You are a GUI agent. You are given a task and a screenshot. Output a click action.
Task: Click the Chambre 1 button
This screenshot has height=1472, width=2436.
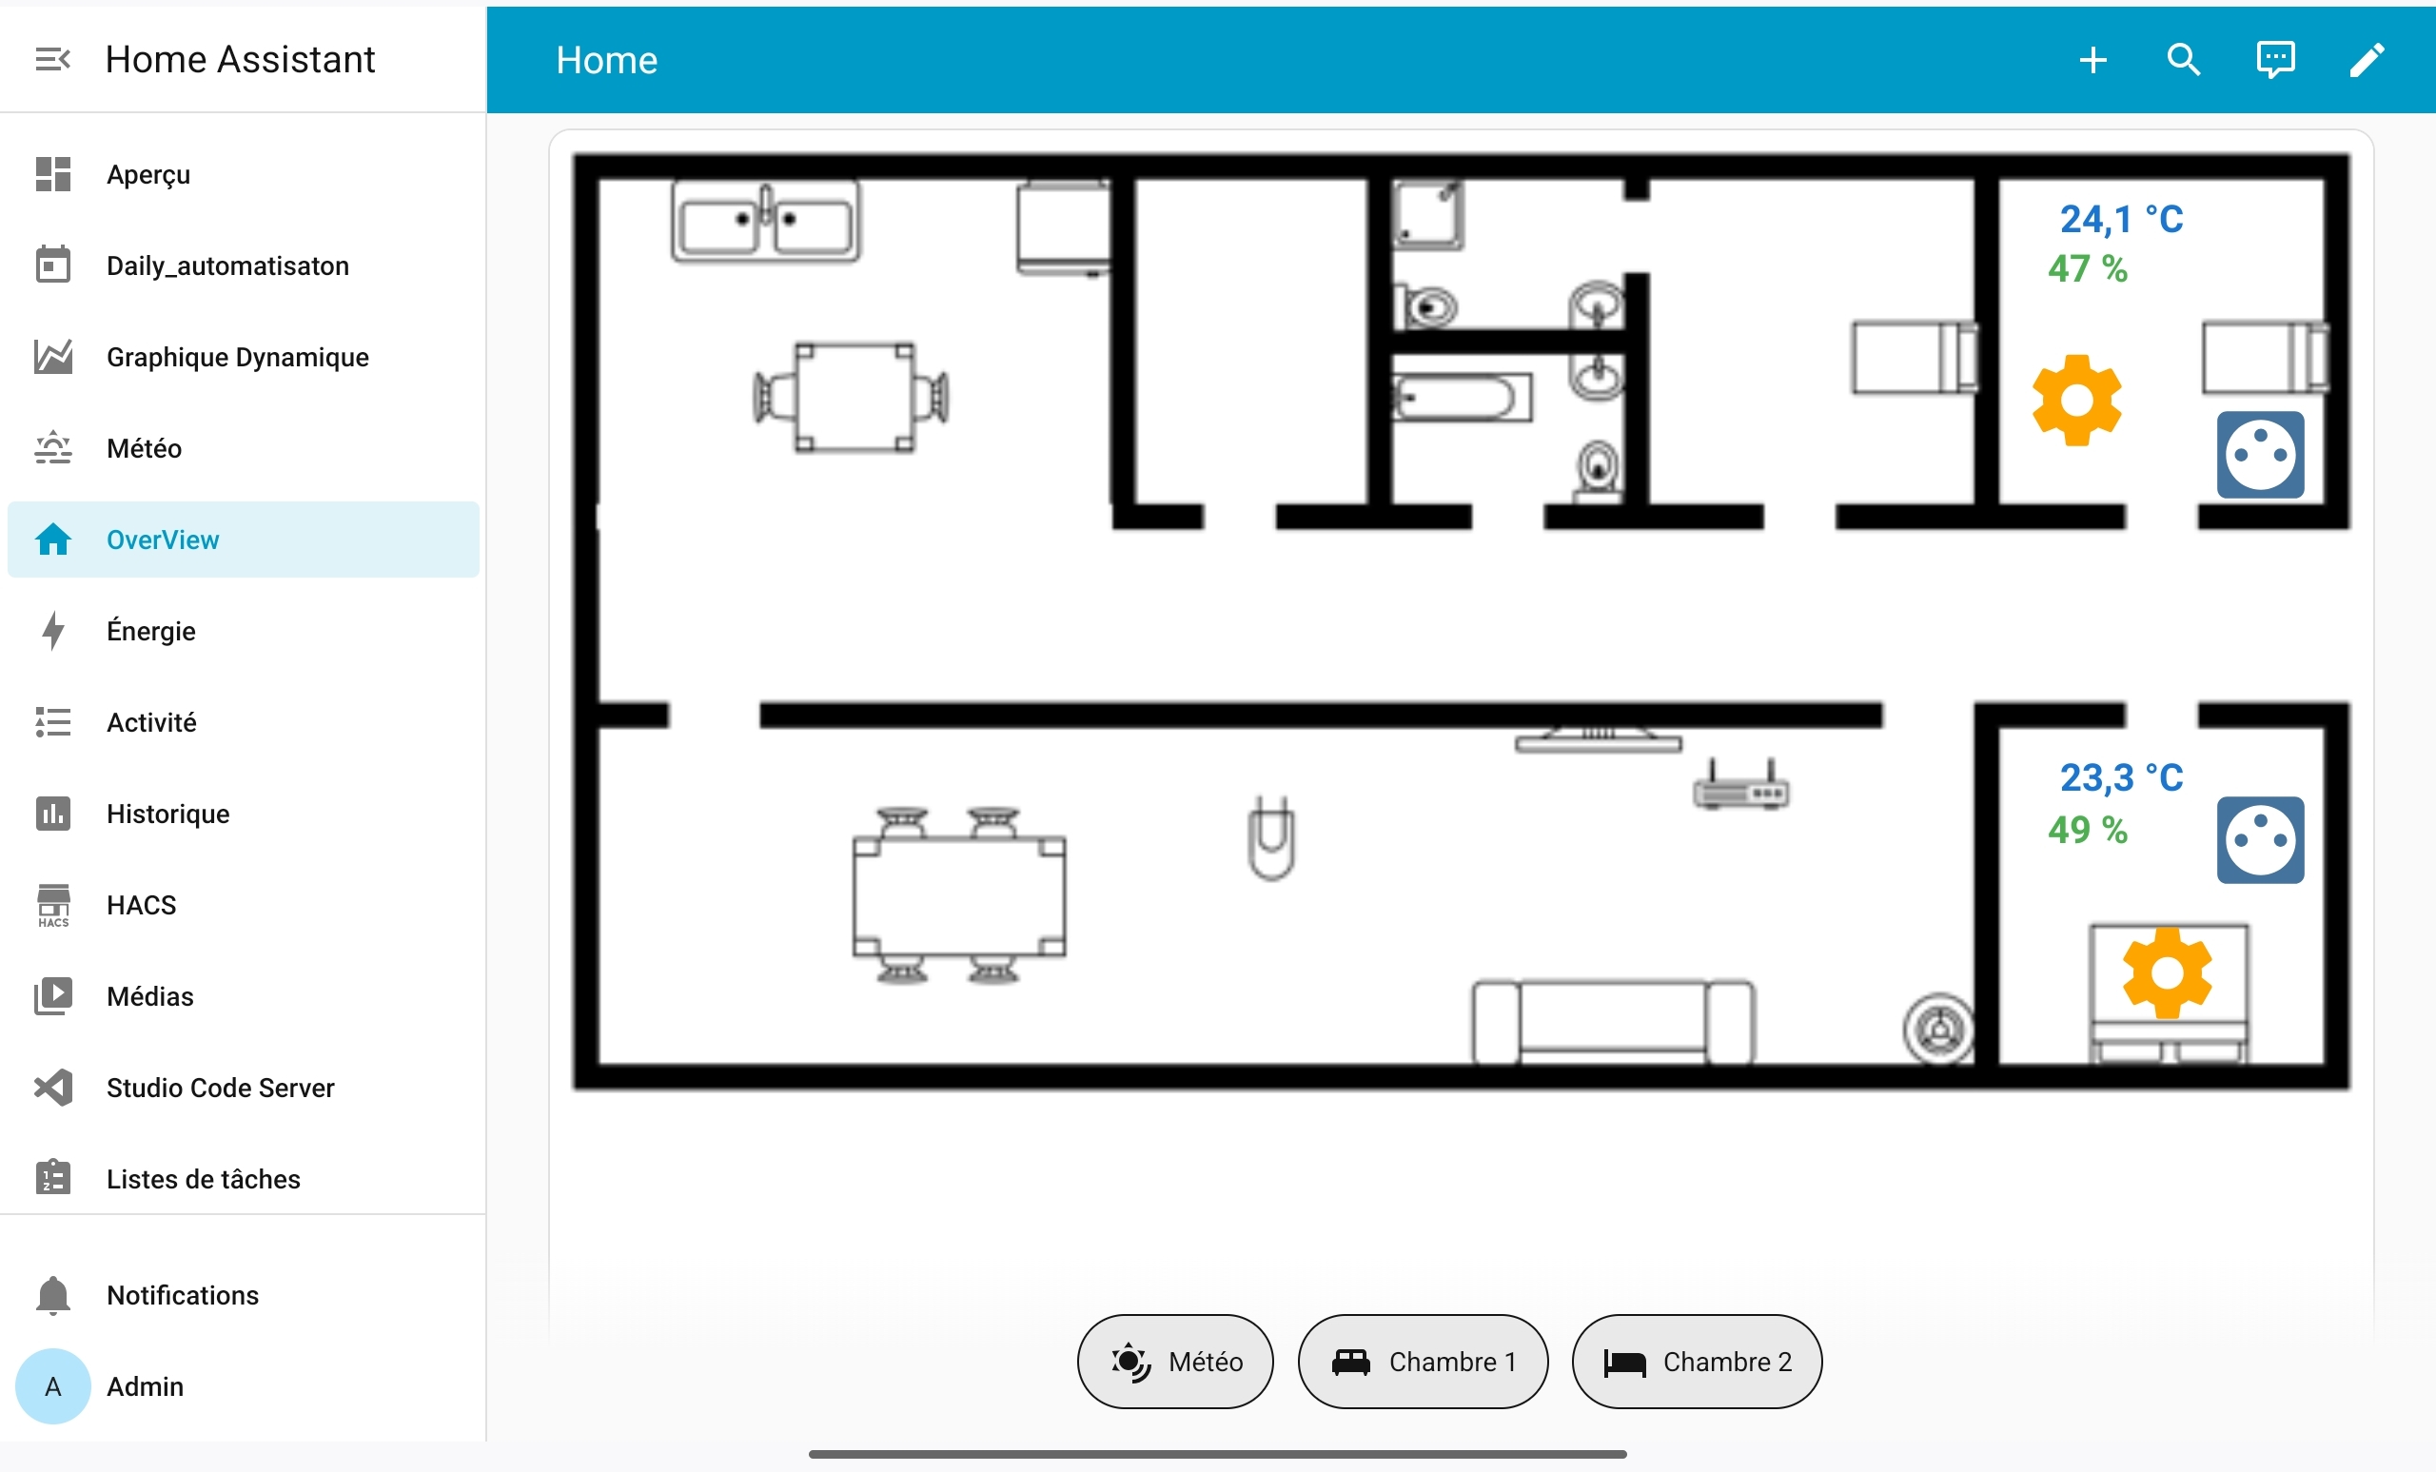point(1422,1362)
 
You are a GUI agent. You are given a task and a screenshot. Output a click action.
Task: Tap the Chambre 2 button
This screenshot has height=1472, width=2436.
point(1696,1362)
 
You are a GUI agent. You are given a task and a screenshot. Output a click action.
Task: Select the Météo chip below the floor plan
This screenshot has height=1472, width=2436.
point(1174,1362)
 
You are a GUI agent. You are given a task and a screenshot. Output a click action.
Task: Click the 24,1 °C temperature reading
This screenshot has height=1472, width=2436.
point(2121,220)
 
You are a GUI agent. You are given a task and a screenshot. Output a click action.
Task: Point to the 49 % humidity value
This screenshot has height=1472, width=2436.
point(2087,830)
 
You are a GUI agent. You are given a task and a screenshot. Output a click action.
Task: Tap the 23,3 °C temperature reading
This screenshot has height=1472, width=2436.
point(2121,778)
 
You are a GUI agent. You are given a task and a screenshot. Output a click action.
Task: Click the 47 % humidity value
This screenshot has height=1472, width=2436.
point(2087,269)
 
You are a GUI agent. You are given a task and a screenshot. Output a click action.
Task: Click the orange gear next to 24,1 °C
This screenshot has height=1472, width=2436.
point(2076,401)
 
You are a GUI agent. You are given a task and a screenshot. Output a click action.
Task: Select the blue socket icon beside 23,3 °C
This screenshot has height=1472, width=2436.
point(2259,840)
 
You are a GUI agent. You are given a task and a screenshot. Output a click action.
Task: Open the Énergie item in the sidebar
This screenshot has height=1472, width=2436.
point(151,631)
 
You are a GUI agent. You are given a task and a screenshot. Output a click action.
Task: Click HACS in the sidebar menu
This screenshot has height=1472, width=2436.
point(142,905)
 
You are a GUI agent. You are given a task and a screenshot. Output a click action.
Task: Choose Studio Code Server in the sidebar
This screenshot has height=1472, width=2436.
point(220,1088)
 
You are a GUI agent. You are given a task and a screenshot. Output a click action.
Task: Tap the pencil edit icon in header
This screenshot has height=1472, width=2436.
point(2367,60)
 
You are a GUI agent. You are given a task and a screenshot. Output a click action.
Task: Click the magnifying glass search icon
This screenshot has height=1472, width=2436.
point(2183,60)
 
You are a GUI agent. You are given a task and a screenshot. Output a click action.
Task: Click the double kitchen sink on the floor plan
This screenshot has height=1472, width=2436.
point(765,222)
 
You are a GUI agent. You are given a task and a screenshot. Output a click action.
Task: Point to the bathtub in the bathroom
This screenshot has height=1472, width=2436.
point(1462,398)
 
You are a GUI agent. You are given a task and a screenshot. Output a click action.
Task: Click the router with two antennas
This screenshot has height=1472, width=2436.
point(1740,788)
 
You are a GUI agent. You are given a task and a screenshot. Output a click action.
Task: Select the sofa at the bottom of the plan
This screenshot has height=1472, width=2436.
point(1613,1021)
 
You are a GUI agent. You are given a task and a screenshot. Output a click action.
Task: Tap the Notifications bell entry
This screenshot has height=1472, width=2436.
point(182,1295)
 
